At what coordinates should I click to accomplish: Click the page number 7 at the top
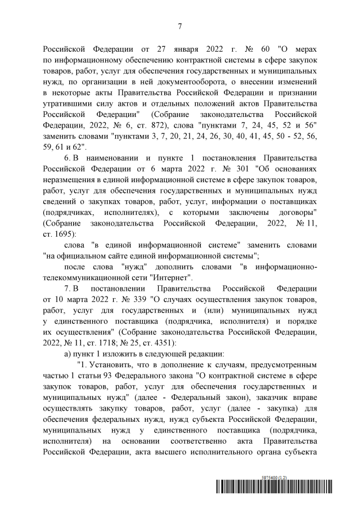[179, 26]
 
